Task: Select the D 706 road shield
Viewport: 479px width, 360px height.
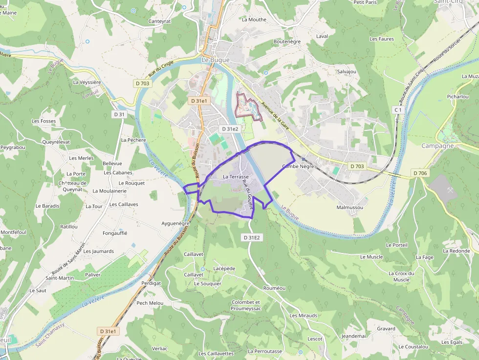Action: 420,173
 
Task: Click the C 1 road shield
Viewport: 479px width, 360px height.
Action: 398,110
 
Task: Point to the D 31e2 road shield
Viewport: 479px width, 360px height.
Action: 230,129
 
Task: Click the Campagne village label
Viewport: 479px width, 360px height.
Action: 437,146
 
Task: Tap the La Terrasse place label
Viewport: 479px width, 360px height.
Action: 236,176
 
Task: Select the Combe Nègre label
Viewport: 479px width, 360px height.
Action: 298,167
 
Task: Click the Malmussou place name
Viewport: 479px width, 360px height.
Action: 349,208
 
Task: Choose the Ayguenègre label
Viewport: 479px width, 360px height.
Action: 175,223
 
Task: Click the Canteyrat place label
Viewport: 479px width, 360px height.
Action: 159,21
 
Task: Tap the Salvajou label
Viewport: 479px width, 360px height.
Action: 347,72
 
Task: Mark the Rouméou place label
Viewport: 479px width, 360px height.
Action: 274,288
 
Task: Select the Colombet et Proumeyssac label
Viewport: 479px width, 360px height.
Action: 246,305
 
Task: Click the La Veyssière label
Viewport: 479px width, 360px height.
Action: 87,83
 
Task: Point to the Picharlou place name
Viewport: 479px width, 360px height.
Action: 457,97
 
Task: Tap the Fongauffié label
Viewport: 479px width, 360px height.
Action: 115,233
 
